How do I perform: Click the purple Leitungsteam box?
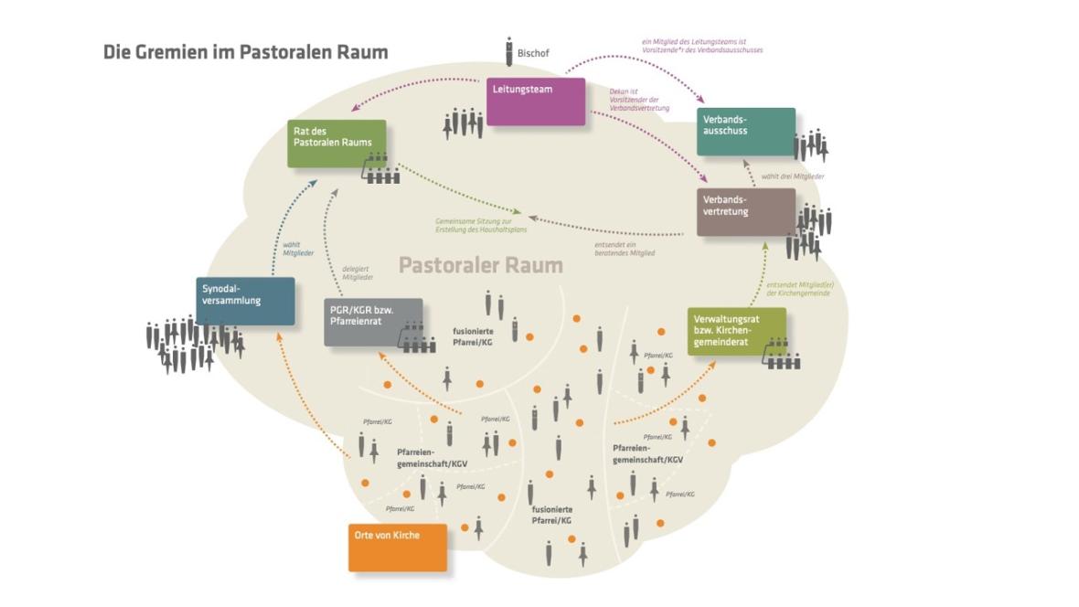(x=535, y=101)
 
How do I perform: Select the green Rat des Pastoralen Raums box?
(x=336, y=143)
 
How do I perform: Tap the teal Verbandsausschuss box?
(x=745, y=132)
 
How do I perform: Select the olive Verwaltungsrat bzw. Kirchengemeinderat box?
(x=735, y=331)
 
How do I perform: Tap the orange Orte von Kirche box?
(x=398, y=547)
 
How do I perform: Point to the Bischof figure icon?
(x=508, y=52)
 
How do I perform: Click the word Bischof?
(x=534, y=54)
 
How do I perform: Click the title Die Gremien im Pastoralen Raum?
(x=245, y=52)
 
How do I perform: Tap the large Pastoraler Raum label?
(x=481, y=266)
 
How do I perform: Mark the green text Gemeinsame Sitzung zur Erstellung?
(x=475, y=226)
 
